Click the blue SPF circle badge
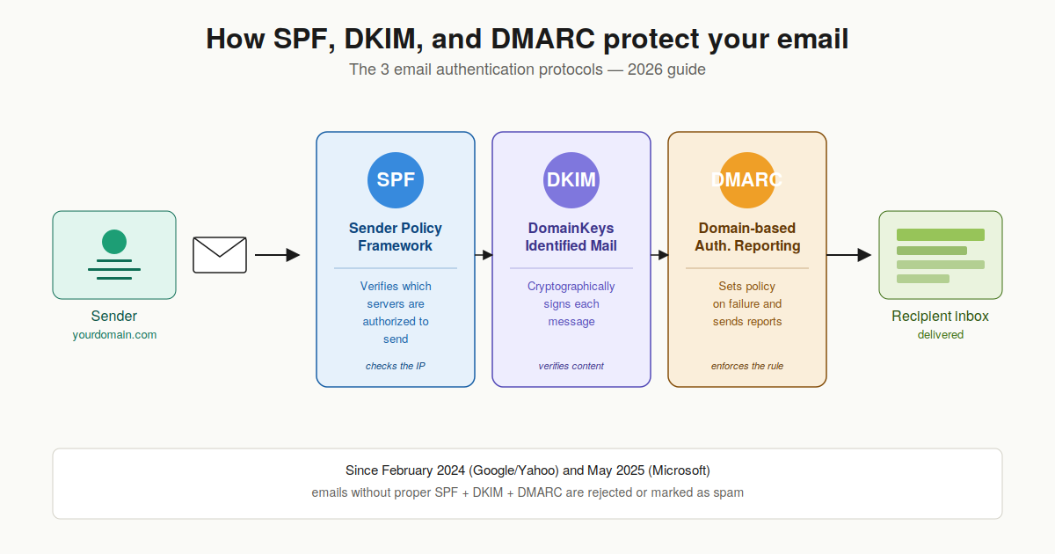click(396, 180)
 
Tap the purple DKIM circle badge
click(571, 180)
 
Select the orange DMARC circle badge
click(747, 180)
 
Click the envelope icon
click(220, 255)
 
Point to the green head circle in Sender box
click(114, 241)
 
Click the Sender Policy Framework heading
click(396, 237)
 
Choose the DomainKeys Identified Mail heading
click(571, 237)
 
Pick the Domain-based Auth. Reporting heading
click(747, 237)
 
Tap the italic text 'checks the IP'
click(396, 366)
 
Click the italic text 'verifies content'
click(571, 366)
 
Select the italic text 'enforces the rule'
click(747, 366)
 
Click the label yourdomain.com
click(114, 335)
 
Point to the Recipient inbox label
click(941, 317)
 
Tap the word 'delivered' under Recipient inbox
click(941, 335)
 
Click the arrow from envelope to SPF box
click(277, 255)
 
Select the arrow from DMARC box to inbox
click(848, 255)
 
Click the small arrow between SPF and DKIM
click(484, 255)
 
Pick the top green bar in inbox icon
click(940, 235)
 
